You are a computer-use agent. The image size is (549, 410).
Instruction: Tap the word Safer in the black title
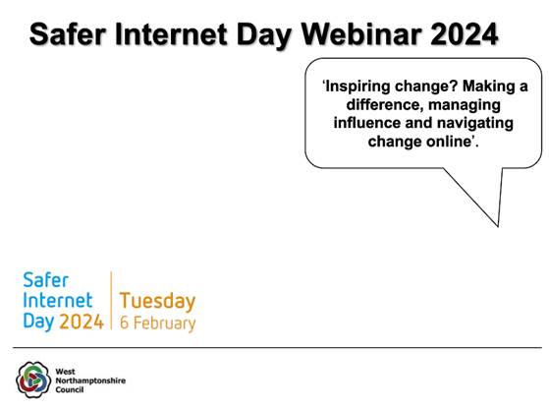pos(68,35)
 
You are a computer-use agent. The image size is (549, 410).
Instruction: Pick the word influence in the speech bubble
pos(368,123)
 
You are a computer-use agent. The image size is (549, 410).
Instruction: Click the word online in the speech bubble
pos(452,142)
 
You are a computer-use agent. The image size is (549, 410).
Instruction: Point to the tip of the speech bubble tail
pos(499,226)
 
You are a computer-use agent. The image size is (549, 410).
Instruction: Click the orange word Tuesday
pos(157,301)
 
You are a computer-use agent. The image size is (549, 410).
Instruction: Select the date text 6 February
pos(157,322)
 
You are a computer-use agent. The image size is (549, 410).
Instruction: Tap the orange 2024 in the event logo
pos(82,322)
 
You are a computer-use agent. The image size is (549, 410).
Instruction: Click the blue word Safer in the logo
pos(45,280)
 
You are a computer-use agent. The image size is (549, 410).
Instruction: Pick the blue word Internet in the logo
pos(57,301)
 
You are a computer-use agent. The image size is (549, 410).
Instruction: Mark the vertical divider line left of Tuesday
pos(111,302)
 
